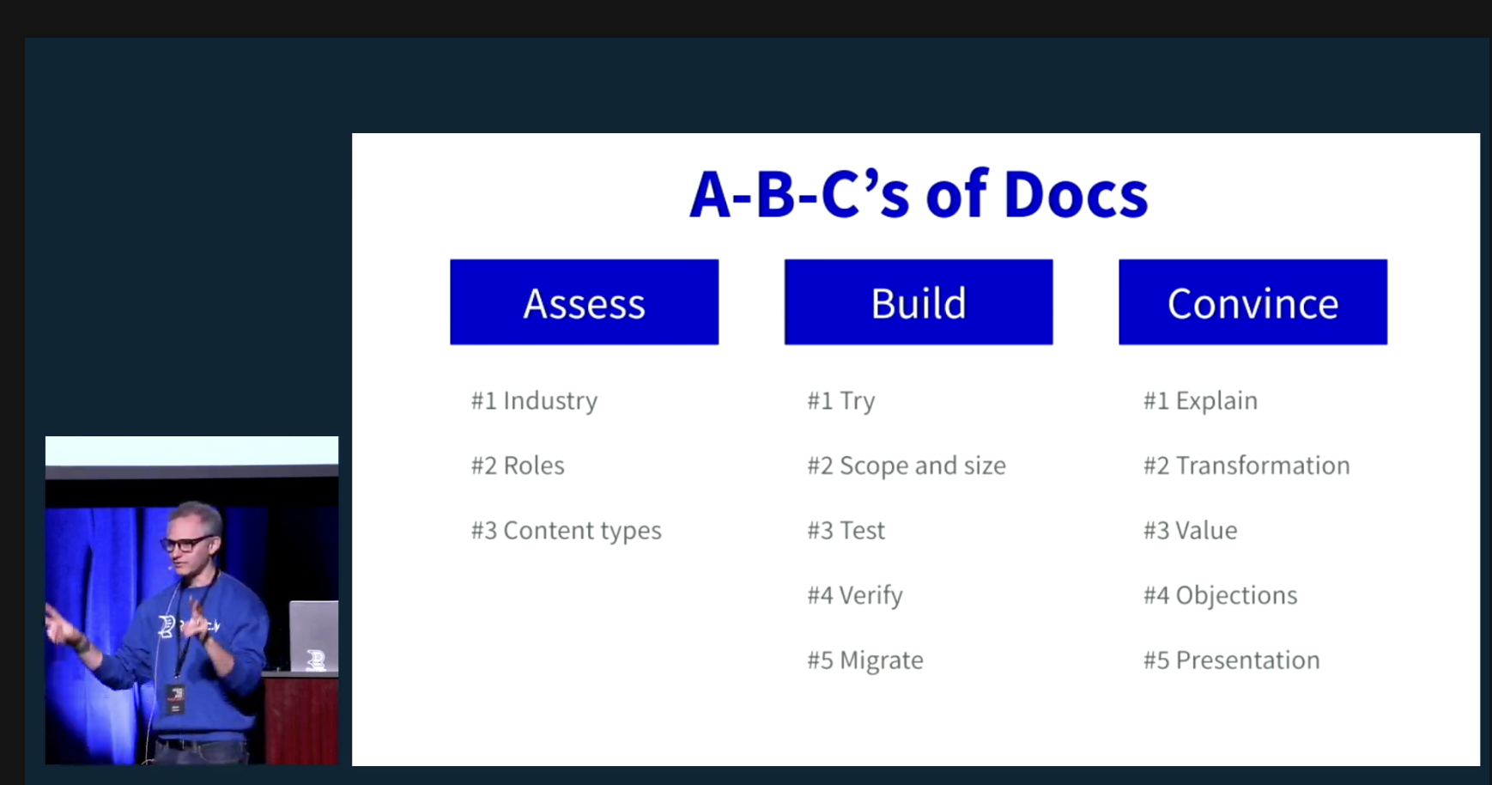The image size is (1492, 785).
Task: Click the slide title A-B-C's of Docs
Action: [919, 194]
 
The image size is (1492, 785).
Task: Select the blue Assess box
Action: [584, 302]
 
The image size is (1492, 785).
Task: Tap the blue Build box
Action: [919, 302]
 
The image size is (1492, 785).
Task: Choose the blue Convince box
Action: [1252, 302]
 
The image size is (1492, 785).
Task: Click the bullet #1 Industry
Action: [534, 401]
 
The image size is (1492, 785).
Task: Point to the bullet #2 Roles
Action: [518, 466]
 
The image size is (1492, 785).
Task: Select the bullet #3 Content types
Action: [566, 531]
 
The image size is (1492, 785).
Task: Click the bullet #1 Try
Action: [841, 401]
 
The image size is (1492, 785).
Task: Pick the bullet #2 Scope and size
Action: [907, 466]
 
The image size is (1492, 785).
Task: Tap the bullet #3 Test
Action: [846, 531]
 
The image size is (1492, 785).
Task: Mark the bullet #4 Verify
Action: [855, 595]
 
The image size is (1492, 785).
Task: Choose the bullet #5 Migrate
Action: [865, 660]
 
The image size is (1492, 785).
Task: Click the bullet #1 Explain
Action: [1200, 401]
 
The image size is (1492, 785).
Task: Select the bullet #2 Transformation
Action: [1246, 466]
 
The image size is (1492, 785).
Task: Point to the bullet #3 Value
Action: [1190, 531]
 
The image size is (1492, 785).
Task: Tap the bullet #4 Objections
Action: [1220, 595]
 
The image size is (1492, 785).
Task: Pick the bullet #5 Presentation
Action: [1231, 660]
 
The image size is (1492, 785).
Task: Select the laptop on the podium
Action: [313, 636]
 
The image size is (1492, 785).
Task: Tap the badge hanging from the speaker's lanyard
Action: [175, 699]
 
